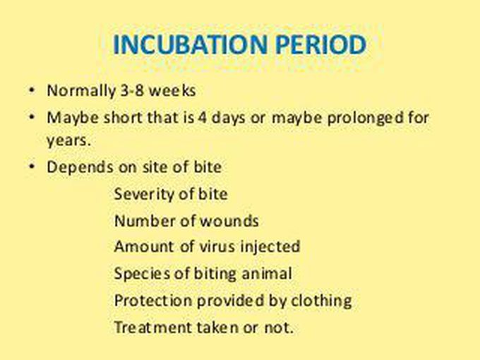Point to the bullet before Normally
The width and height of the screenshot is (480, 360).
32,91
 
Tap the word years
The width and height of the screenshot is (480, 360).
68,140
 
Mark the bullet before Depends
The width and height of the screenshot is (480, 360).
32,167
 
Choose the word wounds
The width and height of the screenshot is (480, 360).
229,221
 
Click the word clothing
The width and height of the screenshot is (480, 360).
320,301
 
